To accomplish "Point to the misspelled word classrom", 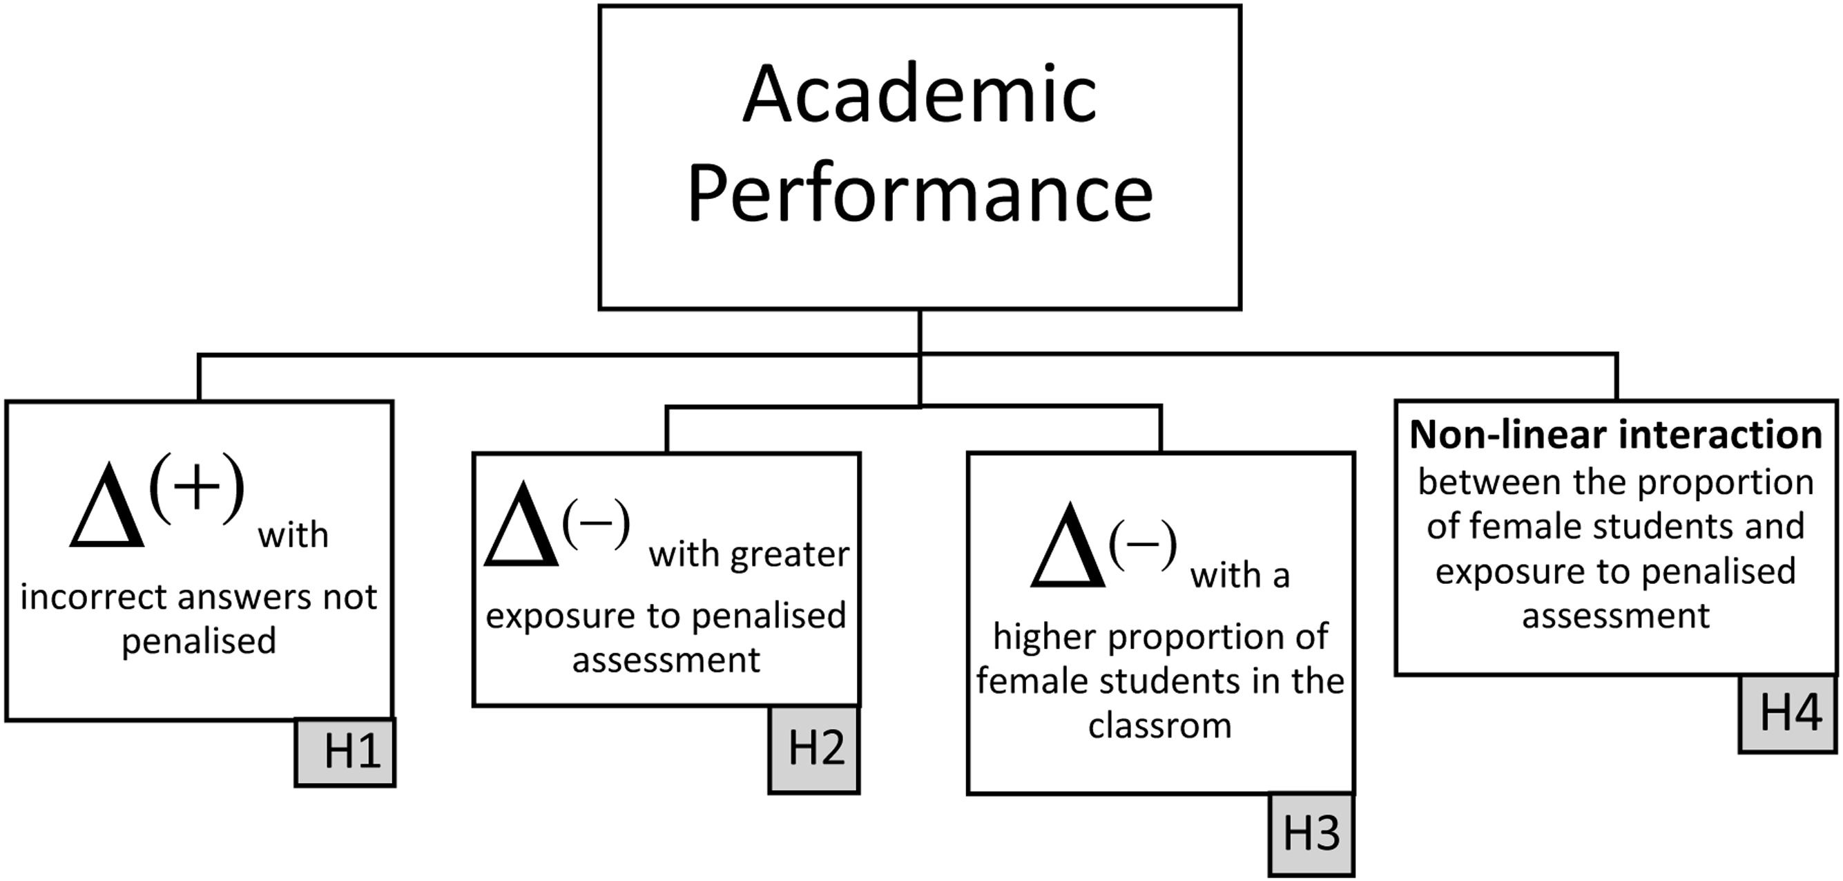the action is pos(1160,726).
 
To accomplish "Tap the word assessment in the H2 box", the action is pos(666,660).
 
